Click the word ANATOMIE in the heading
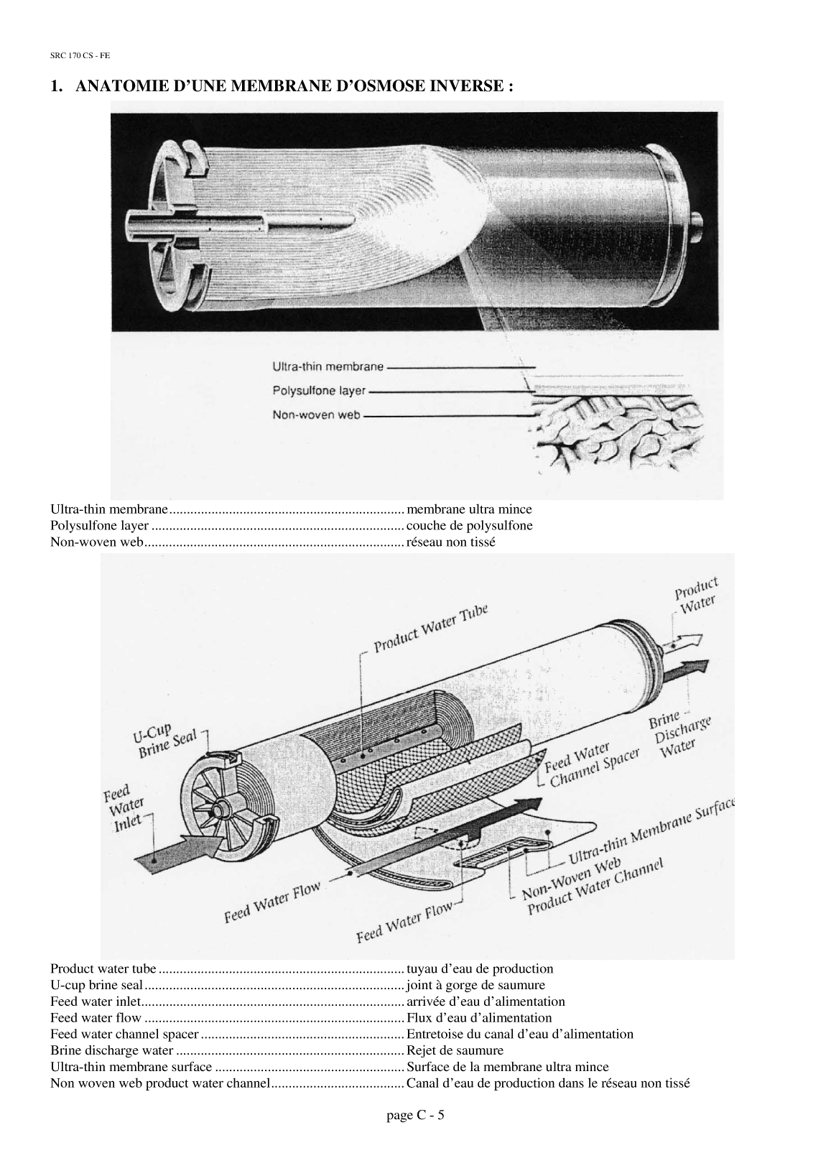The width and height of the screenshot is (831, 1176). pos(120,87)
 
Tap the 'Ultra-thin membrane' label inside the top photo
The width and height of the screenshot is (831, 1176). pos(328,366)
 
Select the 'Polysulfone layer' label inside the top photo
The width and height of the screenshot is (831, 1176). pos(319,392)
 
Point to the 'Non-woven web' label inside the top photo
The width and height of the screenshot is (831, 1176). pos(316,415)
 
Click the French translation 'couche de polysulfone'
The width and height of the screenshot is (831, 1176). pos(469,525)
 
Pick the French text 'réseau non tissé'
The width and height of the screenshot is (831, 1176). pos(450,541)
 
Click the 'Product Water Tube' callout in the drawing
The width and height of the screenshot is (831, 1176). pos(430,628)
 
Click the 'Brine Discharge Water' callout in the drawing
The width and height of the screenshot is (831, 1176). pos(679,734)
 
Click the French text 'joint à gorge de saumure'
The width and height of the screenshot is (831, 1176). pos(475,985)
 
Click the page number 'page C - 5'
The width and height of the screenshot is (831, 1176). pos(415,1115)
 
